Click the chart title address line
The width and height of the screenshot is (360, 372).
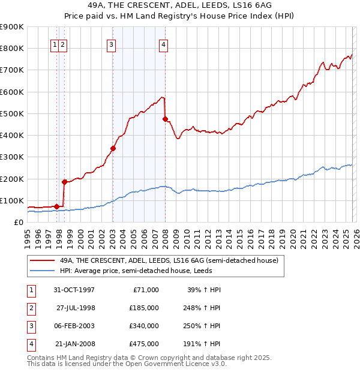tap(180, 5)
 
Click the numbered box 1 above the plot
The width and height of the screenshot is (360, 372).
tap(55, 44)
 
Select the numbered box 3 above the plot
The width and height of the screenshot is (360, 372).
tap(112, 44)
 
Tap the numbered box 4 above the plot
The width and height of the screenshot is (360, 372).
tap(163, 44)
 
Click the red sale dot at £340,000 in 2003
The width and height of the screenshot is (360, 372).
tap(113, 148)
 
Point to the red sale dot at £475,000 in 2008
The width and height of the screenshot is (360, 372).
tap(165, 119)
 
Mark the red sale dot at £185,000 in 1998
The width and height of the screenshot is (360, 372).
tap(64, 181)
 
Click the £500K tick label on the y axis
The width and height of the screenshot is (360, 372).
tap(12, 113)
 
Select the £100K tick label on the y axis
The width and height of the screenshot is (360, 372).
tap(12, 200)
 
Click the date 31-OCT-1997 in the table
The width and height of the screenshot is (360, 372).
tap(74, 290)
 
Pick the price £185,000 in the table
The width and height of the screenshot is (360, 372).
tap(143, 307)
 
